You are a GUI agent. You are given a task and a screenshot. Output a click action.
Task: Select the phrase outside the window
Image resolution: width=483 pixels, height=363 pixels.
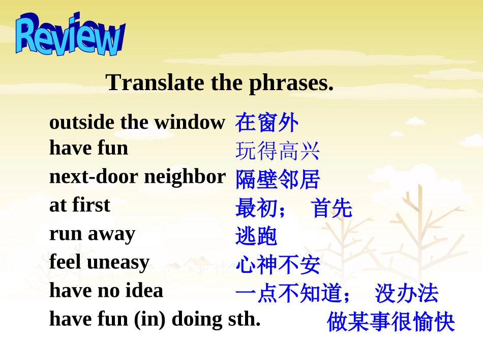(137, 122)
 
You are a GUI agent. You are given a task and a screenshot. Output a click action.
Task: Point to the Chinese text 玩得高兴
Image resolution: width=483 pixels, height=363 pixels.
(278, 151)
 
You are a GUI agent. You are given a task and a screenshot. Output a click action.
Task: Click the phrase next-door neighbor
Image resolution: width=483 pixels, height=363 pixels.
(137, 177)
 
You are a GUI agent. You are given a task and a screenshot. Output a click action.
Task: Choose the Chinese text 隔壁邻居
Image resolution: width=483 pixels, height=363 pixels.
(278, 180)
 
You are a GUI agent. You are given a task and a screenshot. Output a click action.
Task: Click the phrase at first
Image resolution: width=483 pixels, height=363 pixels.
(80, 205)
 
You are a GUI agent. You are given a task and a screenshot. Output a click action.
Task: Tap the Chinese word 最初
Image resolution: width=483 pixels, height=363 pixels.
(257, 209)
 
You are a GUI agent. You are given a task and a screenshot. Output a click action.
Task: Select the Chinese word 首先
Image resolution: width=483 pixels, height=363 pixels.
(332, 209)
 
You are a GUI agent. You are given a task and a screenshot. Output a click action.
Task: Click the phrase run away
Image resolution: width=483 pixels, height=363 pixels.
(92, 234)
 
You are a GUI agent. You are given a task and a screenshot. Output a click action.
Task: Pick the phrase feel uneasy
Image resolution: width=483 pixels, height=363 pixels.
(99, 262)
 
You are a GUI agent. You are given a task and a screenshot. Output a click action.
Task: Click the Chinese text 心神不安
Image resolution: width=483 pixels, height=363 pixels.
(278, 265)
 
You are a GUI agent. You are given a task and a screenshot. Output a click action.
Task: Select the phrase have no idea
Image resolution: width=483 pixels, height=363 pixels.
(106, 291)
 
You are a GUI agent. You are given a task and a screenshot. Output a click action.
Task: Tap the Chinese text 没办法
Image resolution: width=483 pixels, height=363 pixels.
(406, 294)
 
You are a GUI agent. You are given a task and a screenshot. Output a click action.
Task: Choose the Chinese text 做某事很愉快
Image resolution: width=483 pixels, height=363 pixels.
(390, 323)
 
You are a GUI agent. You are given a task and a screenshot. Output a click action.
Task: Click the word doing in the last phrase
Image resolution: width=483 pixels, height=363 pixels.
(196, 319)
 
